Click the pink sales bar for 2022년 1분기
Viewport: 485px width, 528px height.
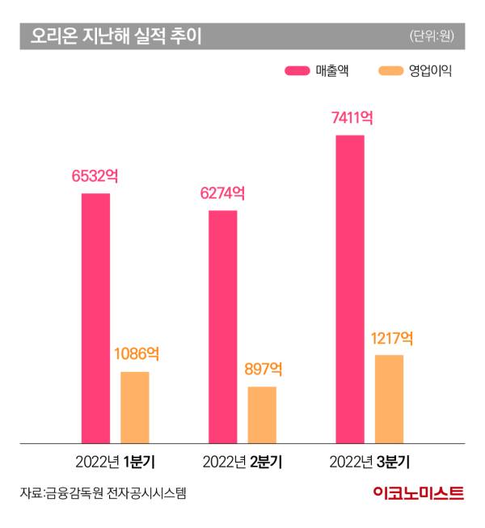click(x=95, y=318)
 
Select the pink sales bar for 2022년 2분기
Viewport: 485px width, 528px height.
click(x=223, y=327)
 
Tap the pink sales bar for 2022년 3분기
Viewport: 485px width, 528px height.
click(x=350, y=289)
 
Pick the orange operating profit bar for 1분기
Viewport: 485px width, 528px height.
click(x=135, y=408)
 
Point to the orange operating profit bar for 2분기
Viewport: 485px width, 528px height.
click(x=262, y=415)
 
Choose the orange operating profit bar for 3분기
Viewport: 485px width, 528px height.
click(x=389, y=399)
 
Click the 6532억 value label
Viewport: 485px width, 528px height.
click(x=96, y=176)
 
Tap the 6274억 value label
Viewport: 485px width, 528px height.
click(x=223, y=194)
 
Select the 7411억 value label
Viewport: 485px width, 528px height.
click(x=351, y=118)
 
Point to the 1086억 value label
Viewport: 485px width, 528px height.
click(x=136, y=354)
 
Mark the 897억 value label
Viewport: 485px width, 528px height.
click(x=262, y=370)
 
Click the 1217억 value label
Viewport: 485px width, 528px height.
click(x=390, y=338)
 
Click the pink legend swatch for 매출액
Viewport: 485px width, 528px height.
click(x=297, y=71)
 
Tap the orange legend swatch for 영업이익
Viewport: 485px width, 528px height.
click(x=390, y=71)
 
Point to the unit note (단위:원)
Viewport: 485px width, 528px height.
click(x=432, y=36)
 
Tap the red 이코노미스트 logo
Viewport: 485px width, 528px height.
click(x=419, y=493)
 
